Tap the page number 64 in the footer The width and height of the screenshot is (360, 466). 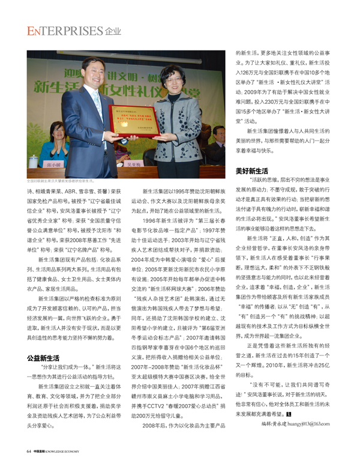(x=29, y=451)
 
